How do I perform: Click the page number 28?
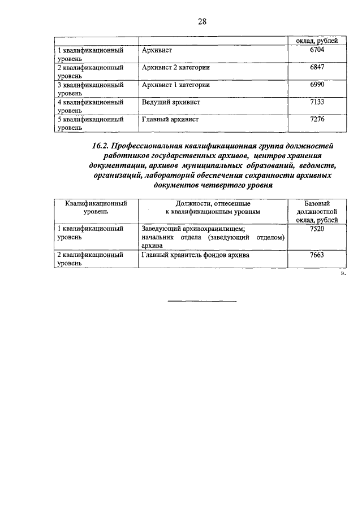coord(201,22)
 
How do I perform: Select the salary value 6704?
coord(317,50)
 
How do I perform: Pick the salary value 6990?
coord(317,85)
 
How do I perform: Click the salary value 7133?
coord(317,102)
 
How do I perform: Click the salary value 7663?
coord(317,255)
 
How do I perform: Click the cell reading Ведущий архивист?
coord(171,102)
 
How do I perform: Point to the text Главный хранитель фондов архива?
coord(196,255)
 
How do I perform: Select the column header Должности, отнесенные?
coord(212,202)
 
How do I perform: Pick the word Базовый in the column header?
coord(317,202)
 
